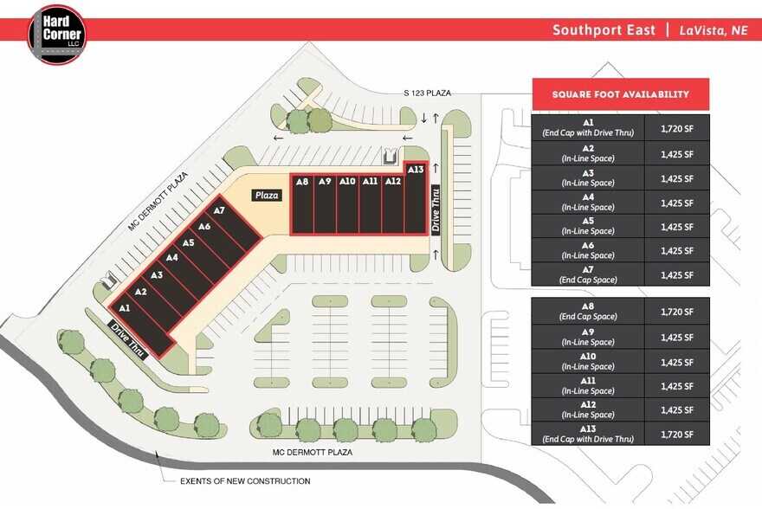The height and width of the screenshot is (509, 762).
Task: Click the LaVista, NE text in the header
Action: [x=713, y=30]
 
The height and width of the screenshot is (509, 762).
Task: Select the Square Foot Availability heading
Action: [x=621, y=94]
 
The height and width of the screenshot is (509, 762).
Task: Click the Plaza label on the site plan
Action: [x=267, y=196]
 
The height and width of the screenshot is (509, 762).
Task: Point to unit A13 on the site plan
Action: [x=415, y=170]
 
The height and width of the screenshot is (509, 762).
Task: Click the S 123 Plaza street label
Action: [x=427, y=93]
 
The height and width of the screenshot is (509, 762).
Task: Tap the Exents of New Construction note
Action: [x=245, y=481]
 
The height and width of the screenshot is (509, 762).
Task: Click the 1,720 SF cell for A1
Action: [x=677, y=128]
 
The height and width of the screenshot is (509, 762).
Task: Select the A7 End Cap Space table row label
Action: [x=588, y=274]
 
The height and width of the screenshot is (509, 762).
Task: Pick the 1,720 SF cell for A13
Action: [x=677, y=434]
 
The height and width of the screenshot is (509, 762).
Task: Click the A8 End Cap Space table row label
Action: [x=588, y=311]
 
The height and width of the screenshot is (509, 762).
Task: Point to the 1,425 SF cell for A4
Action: [x=677, y=203]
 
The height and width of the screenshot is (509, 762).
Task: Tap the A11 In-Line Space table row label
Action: [x=588, y=384]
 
